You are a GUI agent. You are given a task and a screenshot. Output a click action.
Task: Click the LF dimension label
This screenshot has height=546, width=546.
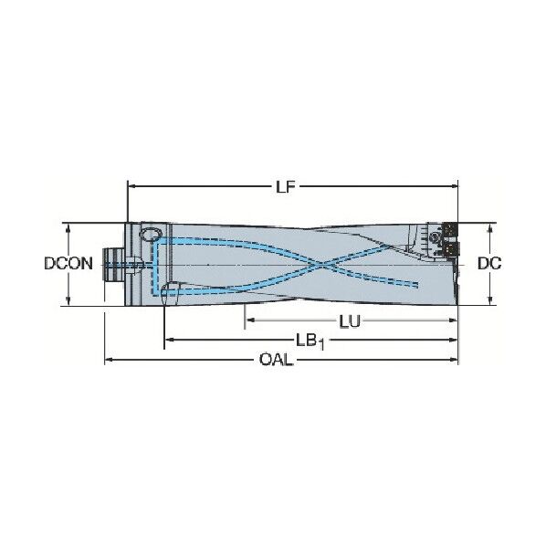click(285, 187)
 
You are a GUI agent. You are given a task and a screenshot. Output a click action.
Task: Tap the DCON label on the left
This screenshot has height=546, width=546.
click(68, 263)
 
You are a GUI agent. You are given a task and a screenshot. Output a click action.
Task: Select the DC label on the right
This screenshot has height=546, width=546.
click(489, 263)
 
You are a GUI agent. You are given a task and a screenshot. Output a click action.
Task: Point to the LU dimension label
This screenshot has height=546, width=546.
click(350, 321)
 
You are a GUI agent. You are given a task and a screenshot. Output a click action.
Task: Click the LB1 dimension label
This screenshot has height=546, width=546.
click(310, 341)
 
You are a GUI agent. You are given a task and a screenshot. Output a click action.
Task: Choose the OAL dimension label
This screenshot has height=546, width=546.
click(277, 360)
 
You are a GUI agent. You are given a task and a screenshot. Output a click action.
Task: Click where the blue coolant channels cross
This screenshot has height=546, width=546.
click(323, 266)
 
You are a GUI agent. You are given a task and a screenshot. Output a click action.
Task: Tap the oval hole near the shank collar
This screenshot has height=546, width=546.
click(152, 234)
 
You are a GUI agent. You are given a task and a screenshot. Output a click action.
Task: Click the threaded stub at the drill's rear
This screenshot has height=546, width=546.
click(113, 265)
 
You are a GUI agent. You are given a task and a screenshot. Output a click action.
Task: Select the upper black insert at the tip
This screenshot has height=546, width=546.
click(450, 230)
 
